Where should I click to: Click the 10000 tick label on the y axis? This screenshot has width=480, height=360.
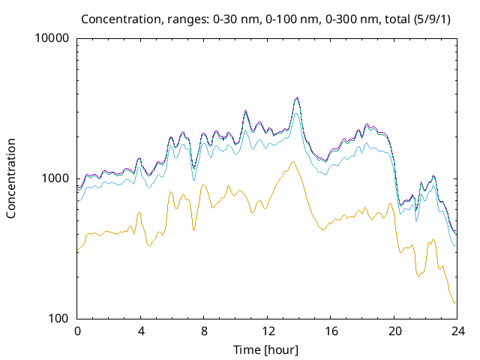pyautogui.click(x=52, y=38)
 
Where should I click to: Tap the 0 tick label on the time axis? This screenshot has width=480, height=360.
pyautogui.click(x=77, y=331)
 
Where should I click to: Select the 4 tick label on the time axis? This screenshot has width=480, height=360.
pyautogui.click(x=140, y=331)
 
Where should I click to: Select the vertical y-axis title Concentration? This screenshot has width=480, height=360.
pyautogui.click(x=11, y=178)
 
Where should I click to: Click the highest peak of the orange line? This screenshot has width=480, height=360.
pyautogui.click(x=292, y=162)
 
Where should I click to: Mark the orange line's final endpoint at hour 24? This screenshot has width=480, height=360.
pyautogui.click(x=454, y=303)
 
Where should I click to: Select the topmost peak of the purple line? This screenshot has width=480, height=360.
pyautogui.click(x=297, y=97)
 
